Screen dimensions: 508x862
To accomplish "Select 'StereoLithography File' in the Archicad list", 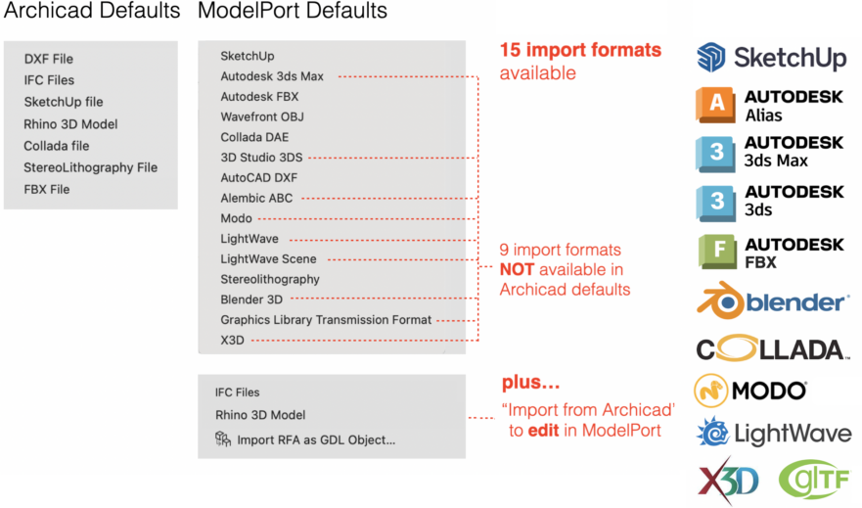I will click(x=90, y=167).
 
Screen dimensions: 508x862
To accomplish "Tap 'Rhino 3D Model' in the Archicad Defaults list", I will click(x=70, y=124).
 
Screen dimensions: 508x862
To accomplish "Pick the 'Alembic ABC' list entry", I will click(x=256, y=199).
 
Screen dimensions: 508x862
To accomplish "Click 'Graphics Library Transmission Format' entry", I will click(x=326, y=320).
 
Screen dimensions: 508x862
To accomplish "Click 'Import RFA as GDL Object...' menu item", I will click(x=315, y=440).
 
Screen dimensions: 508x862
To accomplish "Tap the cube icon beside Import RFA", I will click(x=222, y=440).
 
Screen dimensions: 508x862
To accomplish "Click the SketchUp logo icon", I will click(x=711, y=57).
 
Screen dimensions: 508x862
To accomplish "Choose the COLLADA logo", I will click(x=772, y=349).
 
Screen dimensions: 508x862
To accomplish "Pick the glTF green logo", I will click(x=815, y=479).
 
